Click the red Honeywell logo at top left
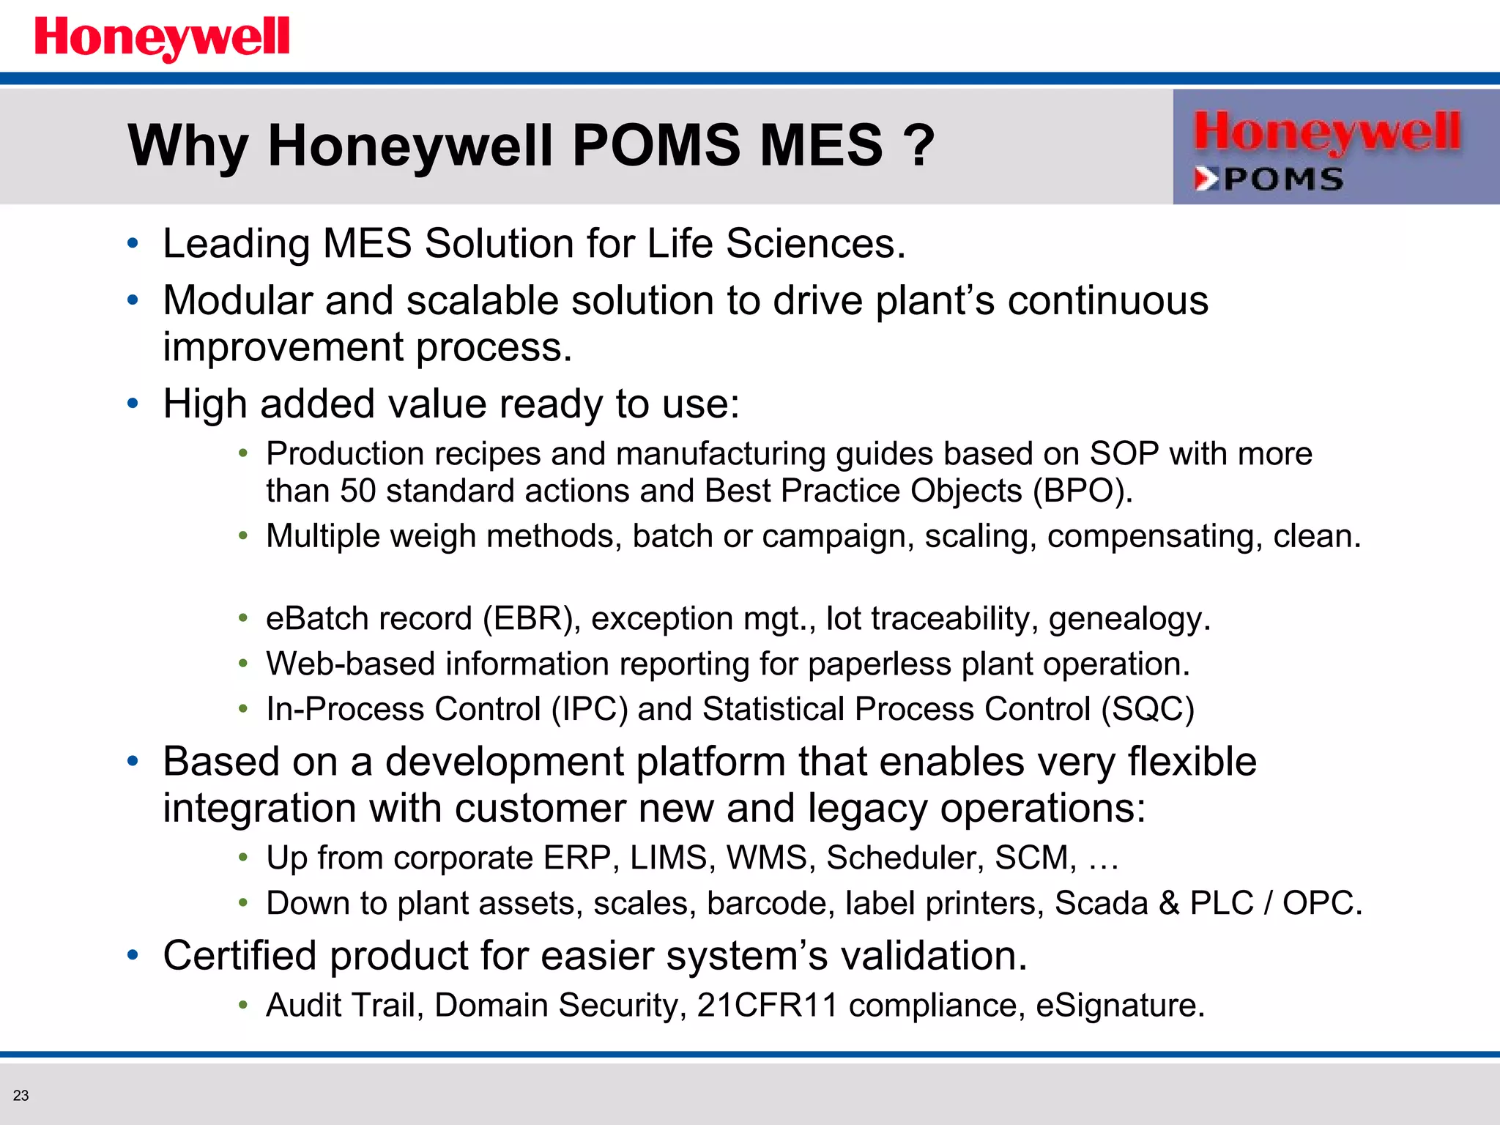point(162,37)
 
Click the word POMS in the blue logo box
point(1283,179)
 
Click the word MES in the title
point(821,145)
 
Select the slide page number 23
point(21,1096)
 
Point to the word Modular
point(237,300)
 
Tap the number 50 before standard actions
point(358,491)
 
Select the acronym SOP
point(1124,453)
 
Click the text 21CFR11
point(767,1005)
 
